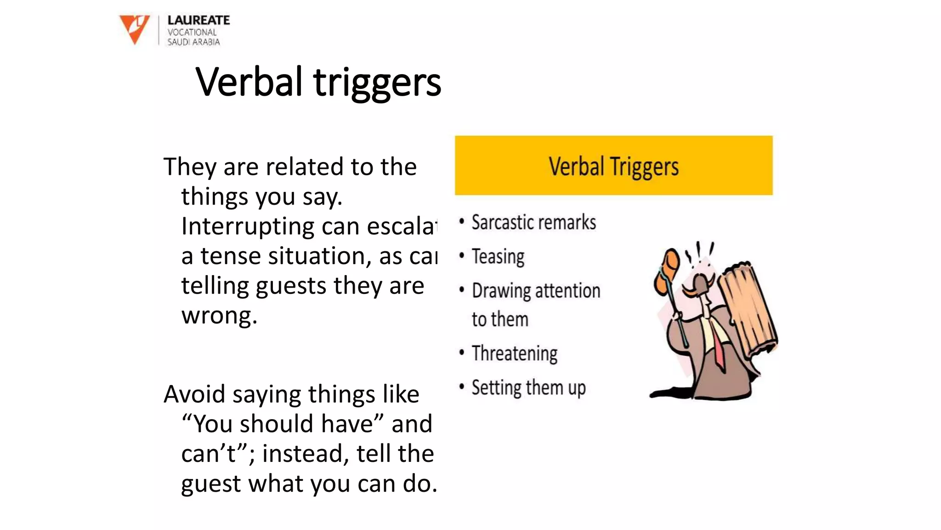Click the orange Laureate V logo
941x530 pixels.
pos(134,29)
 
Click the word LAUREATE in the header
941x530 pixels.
pos(198,20)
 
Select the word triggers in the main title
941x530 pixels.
pos(377,84)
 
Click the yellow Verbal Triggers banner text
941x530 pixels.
pos(613,167)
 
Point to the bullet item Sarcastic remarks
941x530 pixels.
pos(533,223)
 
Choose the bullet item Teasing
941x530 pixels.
pos(498,257)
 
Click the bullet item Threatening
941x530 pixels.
pos(515,353)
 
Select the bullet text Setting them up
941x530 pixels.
pos(528,388)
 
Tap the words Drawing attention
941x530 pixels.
pos(536,291)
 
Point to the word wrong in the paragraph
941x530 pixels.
pos(219,316)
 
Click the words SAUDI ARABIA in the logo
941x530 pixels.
pos(193,42)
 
